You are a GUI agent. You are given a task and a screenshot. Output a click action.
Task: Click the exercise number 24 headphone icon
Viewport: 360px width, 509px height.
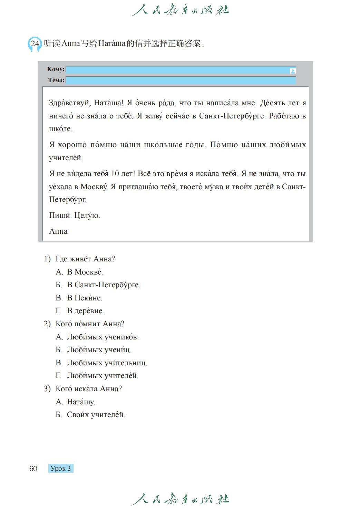(35, 44)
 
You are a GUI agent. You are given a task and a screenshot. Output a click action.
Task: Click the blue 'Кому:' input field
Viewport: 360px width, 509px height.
(177, 70)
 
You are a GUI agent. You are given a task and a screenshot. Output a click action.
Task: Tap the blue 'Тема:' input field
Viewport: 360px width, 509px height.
(181, 80)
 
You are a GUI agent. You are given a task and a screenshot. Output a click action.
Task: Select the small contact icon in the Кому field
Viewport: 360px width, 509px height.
(293, 71)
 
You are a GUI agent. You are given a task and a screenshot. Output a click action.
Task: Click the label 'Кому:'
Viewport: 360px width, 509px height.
(56, 69)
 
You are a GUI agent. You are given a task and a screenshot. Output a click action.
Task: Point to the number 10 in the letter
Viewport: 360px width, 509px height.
(115, 174)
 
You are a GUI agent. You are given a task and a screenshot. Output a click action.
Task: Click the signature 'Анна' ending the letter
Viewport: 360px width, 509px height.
(58, 231)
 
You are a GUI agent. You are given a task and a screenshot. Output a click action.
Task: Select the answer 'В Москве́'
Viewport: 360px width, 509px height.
(85, 272)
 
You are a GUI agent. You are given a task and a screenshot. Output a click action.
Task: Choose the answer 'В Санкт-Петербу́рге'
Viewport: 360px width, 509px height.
(104, 285)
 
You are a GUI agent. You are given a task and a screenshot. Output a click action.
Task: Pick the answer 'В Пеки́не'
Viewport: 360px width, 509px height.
(85, 298)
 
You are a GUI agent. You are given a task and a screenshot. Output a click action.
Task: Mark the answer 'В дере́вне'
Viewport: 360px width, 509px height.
(85, 311)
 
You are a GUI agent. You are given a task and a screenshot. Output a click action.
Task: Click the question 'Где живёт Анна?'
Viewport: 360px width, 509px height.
(85, 259)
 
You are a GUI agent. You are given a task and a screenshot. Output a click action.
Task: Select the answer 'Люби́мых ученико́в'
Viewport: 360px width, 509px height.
(103, 337)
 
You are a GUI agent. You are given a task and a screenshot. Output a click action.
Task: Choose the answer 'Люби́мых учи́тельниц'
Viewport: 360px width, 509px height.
(107, 363)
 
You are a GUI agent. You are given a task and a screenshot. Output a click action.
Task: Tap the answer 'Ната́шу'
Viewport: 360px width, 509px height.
(81, 402)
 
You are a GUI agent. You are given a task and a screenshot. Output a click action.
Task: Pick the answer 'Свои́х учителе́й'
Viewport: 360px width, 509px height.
(96, 415)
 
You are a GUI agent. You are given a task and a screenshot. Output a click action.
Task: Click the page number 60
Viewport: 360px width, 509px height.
(33, 469)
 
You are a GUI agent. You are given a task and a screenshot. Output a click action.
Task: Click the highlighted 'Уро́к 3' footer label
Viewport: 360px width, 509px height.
(61, 469)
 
